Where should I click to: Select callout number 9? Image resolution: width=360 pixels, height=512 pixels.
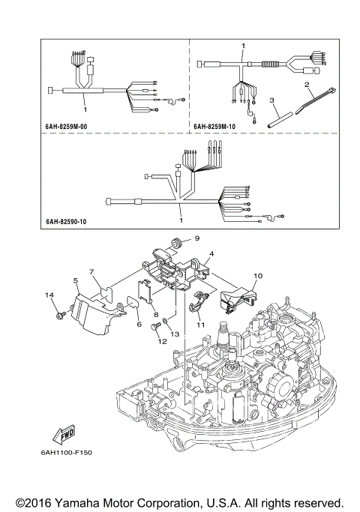[x=198, y=238]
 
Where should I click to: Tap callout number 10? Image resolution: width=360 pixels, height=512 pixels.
[x=256, y=276]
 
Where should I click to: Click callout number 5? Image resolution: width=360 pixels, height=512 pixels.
[x=76, y=280]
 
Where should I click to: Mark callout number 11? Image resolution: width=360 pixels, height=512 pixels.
[x=200, y=325]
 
